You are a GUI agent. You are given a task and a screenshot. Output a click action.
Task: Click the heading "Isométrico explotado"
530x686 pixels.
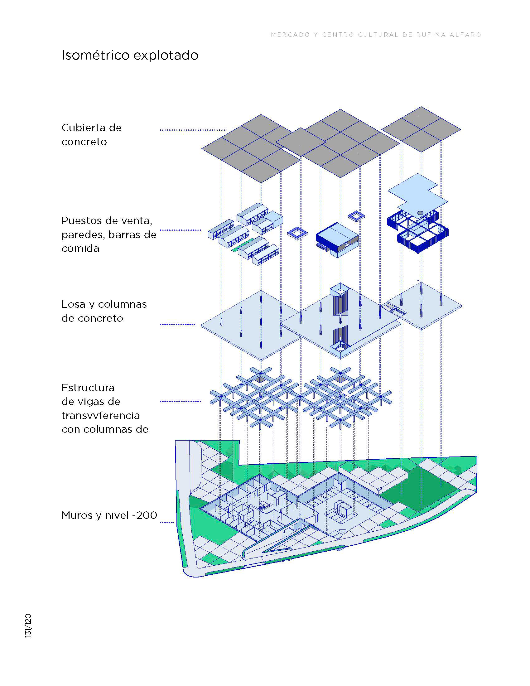tap(130, 55)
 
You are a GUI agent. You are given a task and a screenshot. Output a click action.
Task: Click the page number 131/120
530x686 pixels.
tap(28, 626)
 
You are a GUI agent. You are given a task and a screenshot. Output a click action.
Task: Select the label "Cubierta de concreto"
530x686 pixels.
tap(91, 134)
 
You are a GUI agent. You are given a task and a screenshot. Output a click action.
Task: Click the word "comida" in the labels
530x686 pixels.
tap(80, 249)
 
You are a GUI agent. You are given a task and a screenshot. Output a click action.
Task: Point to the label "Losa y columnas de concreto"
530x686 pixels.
tap(104, 311)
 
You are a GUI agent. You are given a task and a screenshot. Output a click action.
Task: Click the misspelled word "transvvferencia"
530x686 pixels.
tap(100, 415)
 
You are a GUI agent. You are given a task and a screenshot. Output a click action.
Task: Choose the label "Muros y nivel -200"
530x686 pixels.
tap(109, 515)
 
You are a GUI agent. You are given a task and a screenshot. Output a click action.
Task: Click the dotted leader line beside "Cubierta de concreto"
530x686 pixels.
tap(192, 130)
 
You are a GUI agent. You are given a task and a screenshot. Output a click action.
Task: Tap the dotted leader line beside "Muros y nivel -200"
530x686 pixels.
tap(167, 522)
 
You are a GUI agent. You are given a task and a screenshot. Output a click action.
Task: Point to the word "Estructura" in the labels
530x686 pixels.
tap(88, 388)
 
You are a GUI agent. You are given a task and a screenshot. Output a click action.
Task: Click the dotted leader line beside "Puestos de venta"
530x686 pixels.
tap(180, 230)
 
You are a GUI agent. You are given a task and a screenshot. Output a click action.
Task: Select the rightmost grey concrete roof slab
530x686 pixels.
tap(421, 129)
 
